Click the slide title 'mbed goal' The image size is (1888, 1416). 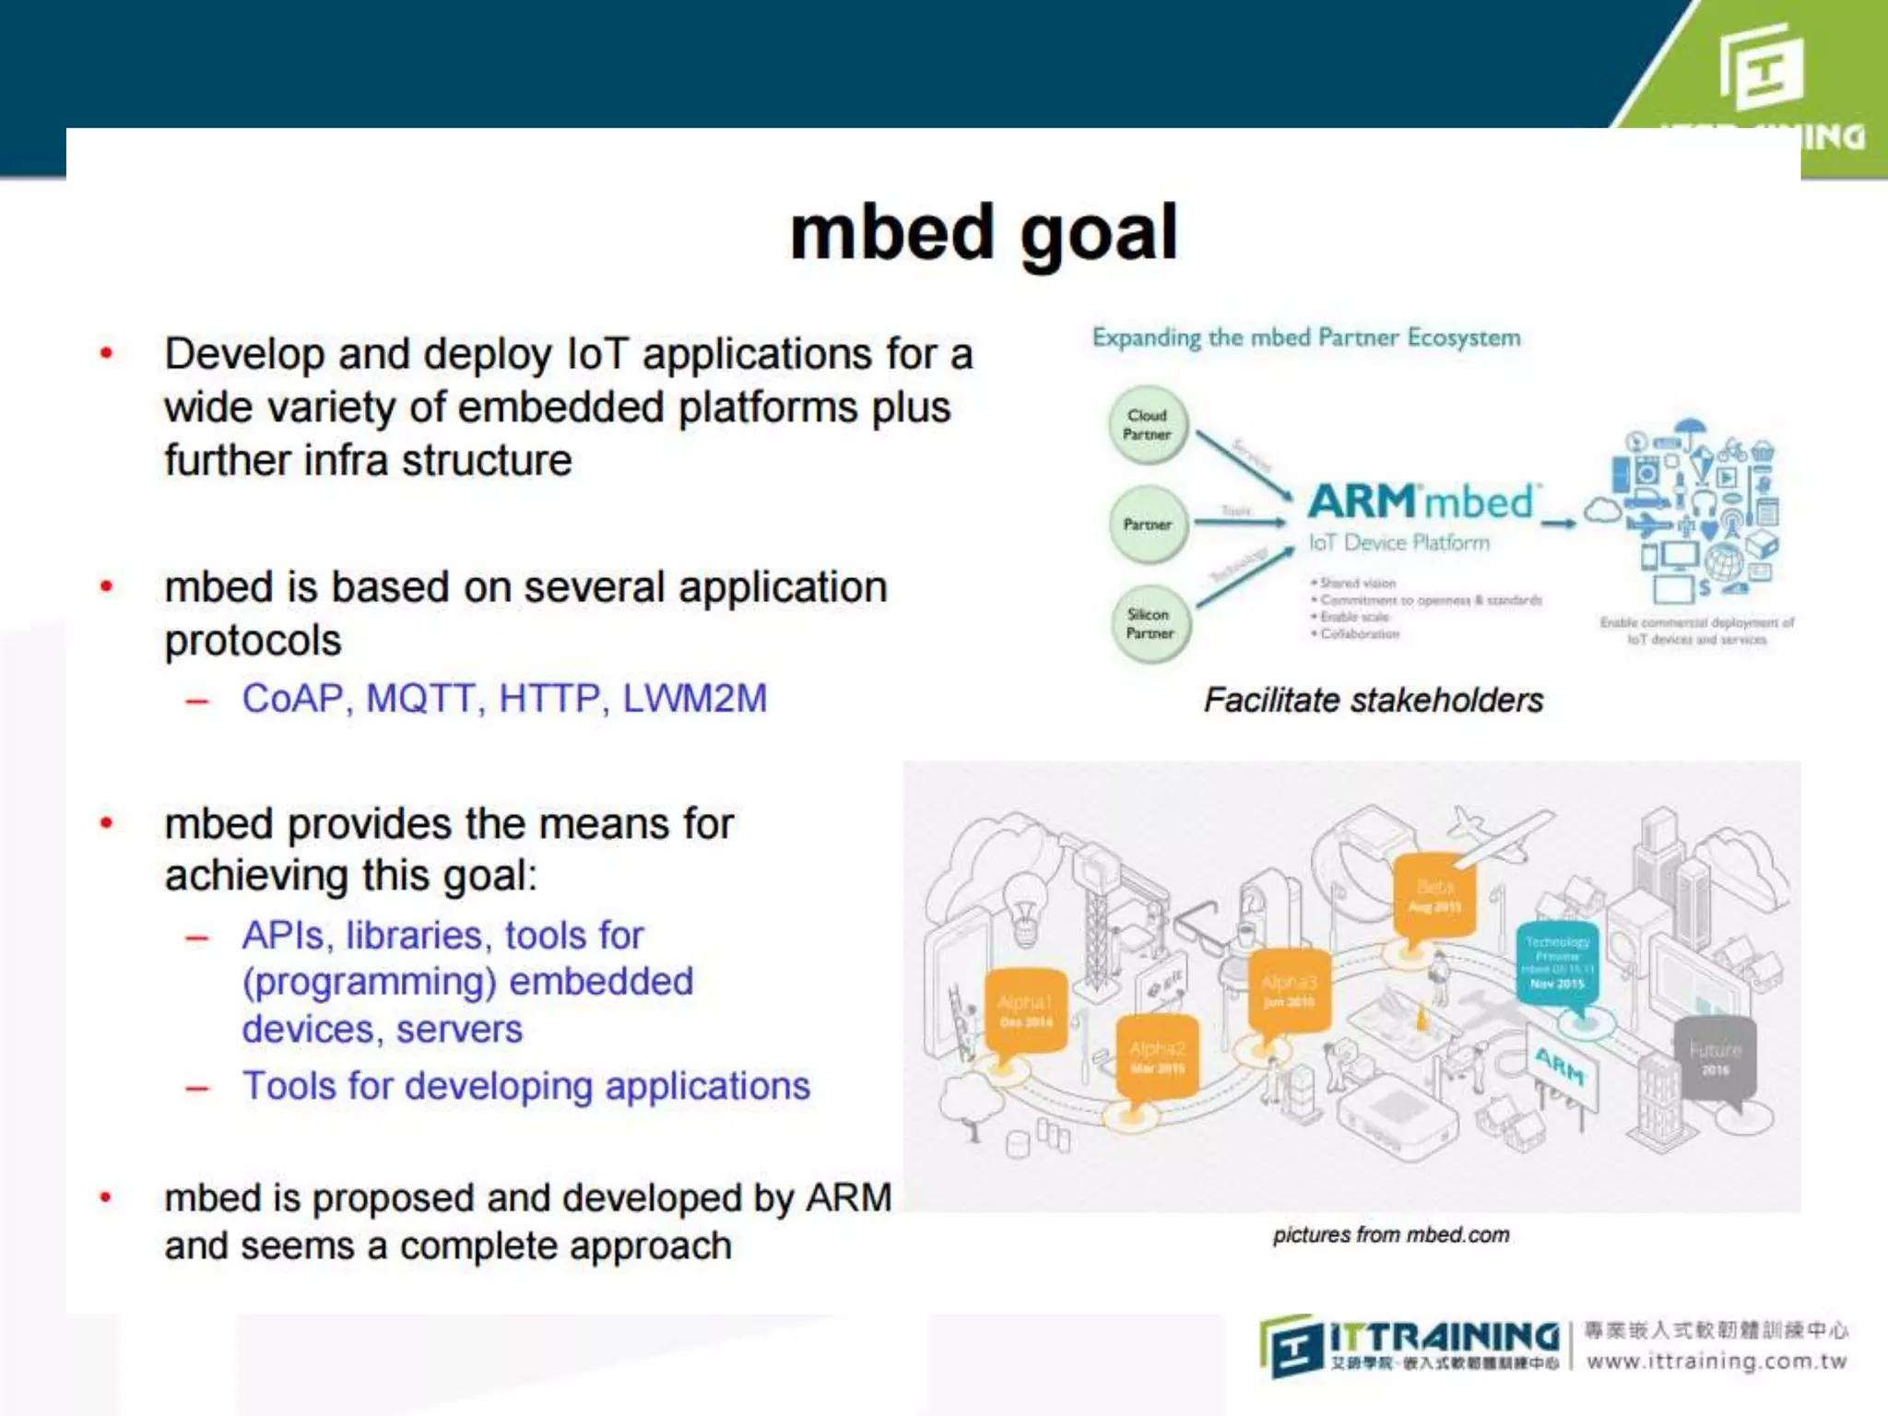pyautogui.click(x=984, y=233)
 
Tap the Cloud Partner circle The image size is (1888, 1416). pyautogui.click(x=1147, y=425)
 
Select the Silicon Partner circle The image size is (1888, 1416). pyautogui.click(x=1150, y=624)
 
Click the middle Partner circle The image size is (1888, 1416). pyautogui.click(x=1147, y=525)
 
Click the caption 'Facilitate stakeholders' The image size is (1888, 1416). pyautogui.click(x=1373, y=701)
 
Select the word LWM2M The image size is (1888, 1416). pyautogui.click(x=694, y=699)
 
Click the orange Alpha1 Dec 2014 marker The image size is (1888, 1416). pyautogui.click(x=1025, y=1010)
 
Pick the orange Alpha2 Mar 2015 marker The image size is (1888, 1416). pyautogui.click(x=1157, y=1056)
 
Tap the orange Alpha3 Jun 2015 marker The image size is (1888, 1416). pyautogui.click(x=1289, y=990)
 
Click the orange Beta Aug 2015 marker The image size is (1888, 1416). pyautogui.click(x=1434, y=895)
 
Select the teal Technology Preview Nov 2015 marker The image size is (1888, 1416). pyautogui.click(x=1557, y=962)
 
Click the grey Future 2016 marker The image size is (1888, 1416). pyautogui.click(x=1715, y=1058)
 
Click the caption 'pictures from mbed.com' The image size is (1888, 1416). pyautogui.click(x=1390, y=1235)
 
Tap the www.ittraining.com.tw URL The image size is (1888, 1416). pyautogui.click(x=1716, y=1362)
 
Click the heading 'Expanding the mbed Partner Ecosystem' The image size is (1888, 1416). pyautogui.click(x=1305, y=337)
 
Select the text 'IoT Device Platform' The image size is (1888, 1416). pyautogui.click(x=1398, y=543)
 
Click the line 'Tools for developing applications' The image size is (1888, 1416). pyautogui.click(x=525, y=1086)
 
